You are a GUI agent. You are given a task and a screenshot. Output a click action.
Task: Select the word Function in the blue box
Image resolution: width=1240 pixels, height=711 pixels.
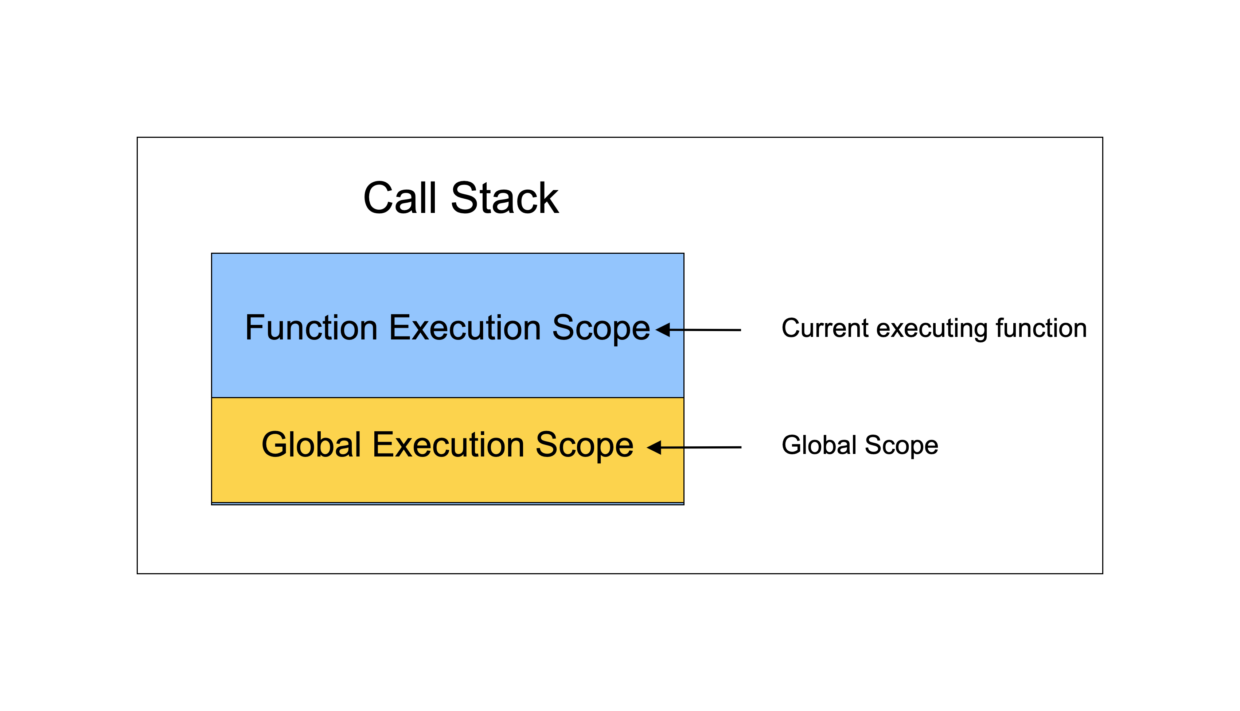(311, 328)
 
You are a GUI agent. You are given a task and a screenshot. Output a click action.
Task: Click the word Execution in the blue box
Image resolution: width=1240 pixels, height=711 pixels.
(465, 328)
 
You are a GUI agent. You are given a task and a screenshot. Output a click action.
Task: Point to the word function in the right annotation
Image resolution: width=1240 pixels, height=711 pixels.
(1041, 328)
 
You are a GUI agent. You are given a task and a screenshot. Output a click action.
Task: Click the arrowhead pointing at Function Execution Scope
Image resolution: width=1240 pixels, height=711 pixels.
(662, 330)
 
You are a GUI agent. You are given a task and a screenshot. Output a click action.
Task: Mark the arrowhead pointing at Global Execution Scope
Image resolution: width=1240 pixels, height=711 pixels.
(654, 447)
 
